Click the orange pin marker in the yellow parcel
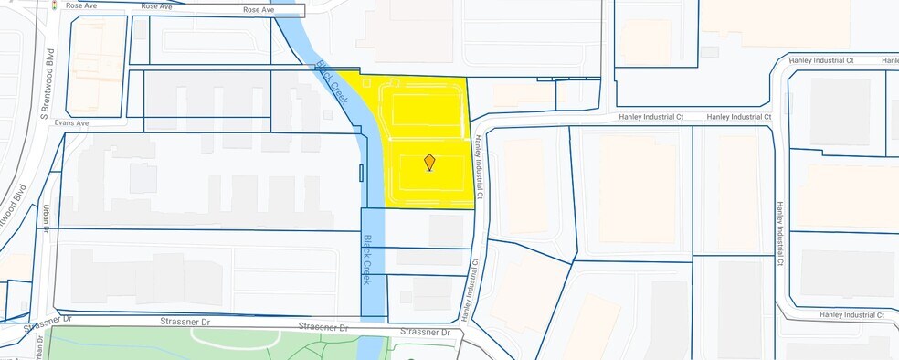point(429,163)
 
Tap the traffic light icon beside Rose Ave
point(55,5)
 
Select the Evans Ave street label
point(70,122)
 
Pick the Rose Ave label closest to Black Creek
point(259,10)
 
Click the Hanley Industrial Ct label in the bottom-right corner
point(851,314)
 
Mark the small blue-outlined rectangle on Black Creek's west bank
point(362,173)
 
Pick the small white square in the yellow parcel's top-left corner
point(368,83)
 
